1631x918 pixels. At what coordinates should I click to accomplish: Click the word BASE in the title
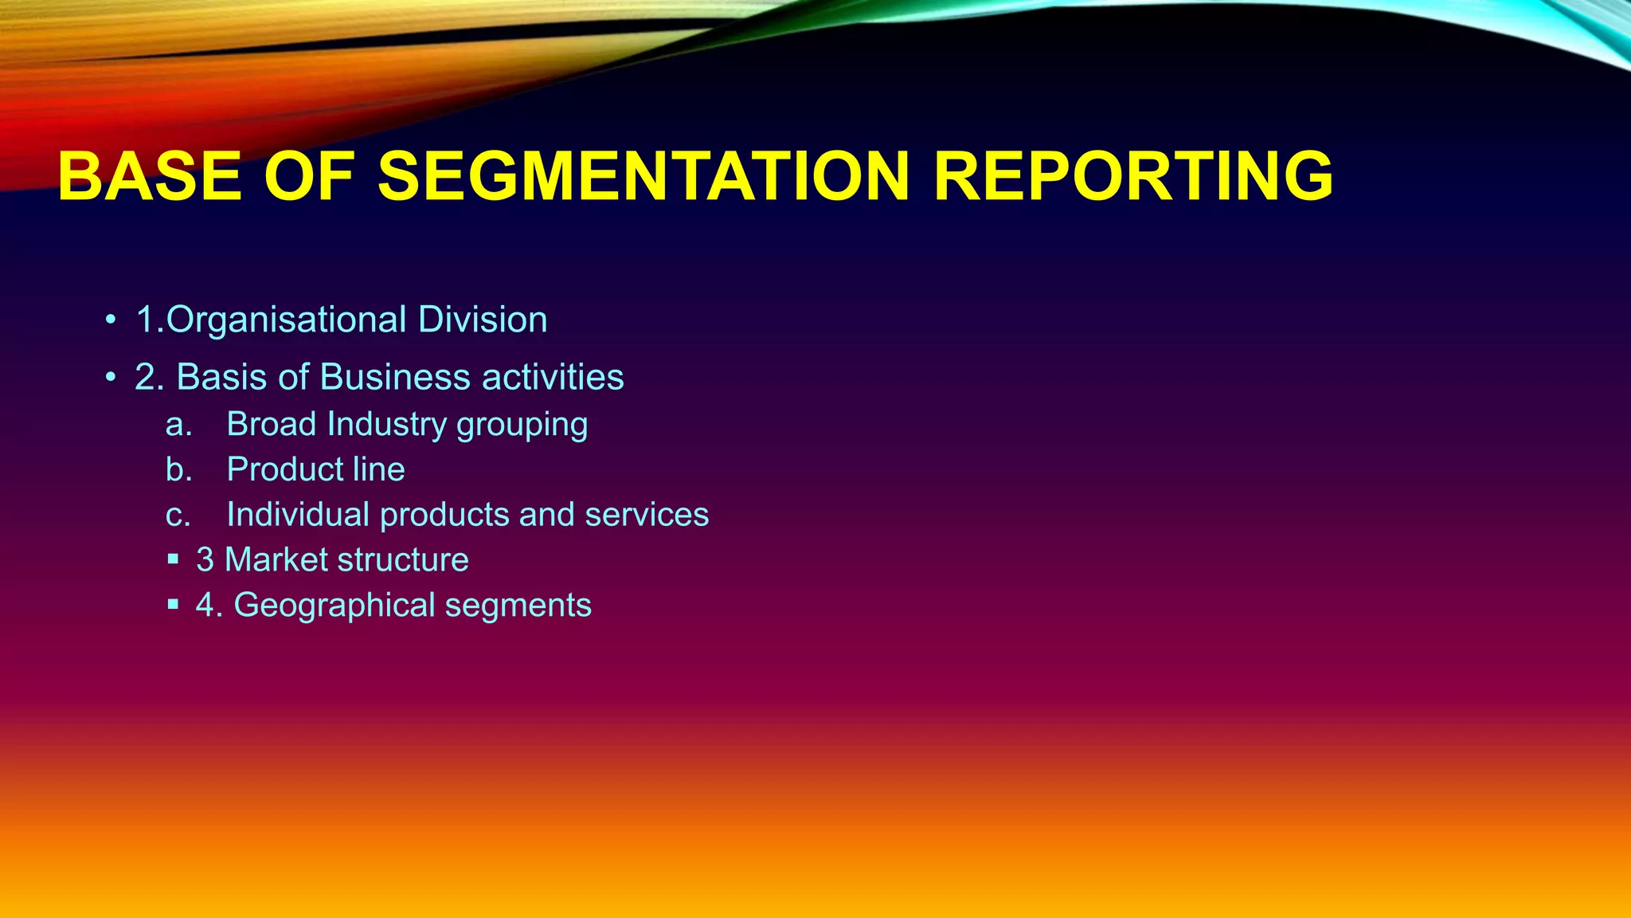pyautogui.click(x=150, y=176)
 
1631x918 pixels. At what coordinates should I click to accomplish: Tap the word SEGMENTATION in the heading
pyautogui.click(x=643, y=176)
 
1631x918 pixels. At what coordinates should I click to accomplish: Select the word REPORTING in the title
pyautogui.click(x=1132, y=176)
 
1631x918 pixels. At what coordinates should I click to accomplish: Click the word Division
pyautogui.click(x=483, y=320)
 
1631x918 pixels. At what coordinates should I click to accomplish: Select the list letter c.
pyautogui.click(x=178, y=516)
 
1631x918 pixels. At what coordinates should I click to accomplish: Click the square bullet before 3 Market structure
pyautogui.click(x=174, y=560)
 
